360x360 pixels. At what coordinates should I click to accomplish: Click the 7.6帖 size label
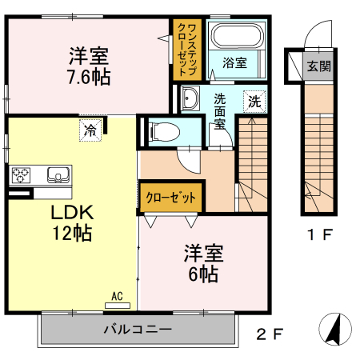coord(90,78)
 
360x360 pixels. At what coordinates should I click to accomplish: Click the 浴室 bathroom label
coord(234,61)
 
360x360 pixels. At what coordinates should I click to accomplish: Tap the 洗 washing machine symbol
coord(254,102)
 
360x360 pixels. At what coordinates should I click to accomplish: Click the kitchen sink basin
coord(58,174)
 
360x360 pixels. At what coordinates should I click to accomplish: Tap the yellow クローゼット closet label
coord(170,197)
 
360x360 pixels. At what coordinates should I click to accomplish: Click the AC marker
coord(117,296)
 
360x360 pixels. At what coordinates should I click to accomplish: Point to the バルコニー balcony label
coord(137,329)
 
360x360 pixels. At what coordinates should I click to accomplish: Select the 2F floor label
coord(269,333)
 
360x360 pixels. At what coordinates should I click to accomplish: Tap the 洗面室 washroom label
coord(219,114)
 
